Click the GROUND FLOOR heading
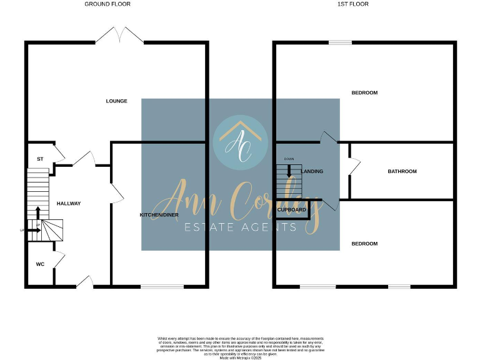click(107, 4)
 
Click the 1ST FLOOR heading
click(353, 4)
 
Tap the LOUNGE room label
click(117, 101)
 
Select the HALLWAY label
click(69, 204)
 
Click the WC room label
click(40, 264)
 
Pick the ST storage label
click(40, 159)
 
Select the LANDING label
click(312, 171)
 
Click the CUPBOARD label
click(292, 210)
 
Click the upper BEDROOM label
click(364, 93)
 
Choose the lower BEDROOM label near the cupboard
click(364, 244)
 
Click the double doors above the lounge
click(119, 35)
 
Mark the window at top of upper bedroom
click(341, 42)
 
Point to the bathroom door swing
click(355, 165)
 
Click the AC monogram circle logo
click(240, 142)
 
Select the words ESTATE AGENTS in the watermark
click(240, 227)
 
